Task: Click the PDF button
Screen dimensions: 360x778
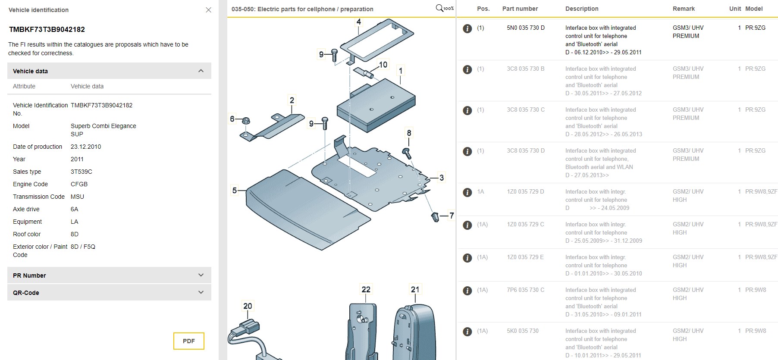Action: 188,341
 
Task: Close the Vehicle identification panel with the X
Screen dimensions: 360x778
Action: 208,10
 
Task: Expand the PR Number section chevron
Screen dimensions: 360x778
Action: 201,275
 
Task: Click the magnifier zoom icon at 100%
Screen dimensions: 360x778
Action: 439,8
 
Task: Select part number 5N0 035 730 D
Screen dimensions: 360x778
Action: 525,28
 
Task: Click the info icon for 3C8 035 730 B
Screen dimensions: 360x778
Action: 467,69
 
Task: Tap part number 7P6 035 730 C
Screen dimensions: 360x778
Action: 525,290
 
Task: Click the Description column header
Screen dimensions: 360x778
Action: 581,9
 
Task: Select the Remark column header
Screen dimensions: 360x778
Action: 683,9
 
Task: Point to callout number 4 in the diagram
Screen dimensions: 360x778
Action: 358,22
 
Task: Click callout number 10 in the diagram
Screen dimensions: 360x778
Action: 383,65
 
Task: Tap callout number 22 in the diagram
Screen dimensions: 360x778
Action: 366,289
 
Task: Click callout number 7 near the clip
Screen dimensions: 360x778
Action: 451,215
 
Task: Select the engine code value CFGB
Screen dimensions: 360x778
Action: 79,184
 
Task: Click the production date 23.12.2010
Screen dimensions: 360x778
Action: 86,147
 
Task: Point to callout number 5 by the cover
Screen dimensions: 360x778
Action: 234,190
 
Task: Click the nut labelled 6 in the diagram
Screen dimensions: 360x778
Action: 246,121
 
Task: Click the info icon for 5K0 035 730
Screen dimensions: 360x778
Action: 467,332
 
